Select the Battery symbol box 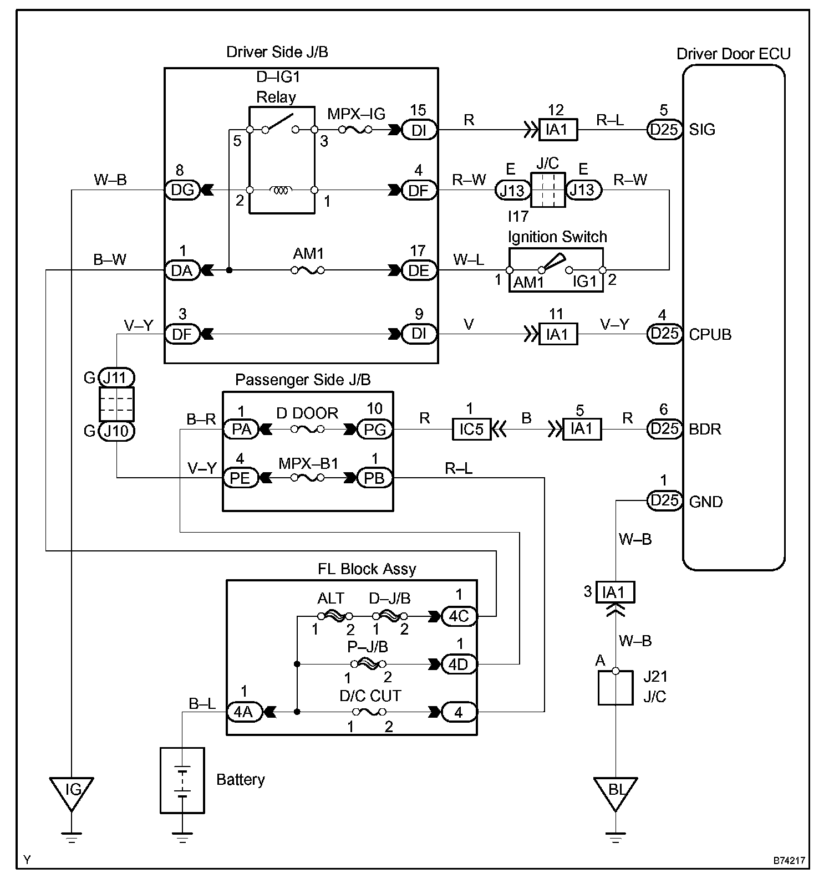182,780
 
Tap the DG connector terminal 182,190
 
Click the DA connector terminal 182,270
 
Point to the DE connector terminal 419,270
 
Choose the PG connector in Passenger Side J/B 375,430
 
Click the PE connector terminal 240,478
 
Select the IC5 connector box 472,430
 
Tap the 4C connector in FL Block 459,616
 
